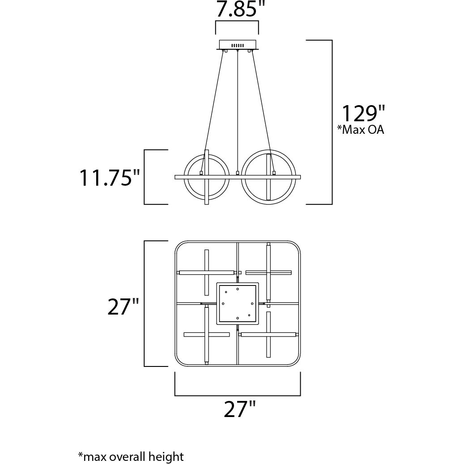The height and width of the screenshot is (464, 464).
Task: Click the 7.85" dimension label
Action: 237,10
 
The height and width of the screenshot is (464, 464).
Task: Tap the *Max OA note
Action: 361,130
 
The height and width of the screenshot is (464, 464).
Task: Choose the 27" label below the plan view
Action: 240,409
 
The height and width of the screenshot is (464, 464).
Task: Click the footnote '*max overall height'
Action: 131,456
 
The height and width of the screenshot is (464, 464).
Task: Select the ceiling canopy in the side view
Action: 237,45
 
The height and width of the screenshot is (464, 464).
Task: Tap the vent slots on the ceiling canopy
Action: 237,46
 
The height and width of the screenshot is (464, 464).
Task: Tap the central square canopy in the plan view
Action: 238,303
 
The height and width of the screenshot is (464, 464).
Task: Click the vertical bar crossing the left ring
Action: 207,192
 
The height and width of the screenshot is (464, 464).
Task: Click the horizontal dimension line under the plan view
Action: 237,396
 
